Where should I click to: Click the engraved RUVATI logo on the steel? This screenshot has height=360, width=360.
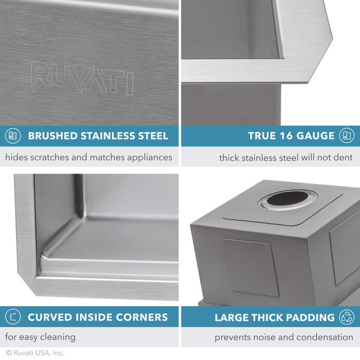82,78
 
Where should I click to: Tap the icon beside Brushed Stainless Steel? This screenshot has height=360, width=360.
13,136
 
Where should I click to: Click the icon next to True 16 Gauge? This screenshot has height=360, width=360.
347,136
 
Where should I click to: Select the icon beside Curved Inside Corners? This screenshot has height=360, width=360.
13,317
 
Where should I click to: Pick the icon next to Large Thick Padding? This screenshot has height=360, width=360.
347,317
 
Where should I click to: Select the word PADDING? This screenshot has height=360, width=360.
311,317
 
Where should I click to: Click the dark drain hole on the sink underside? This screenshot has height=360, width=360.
288,199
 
